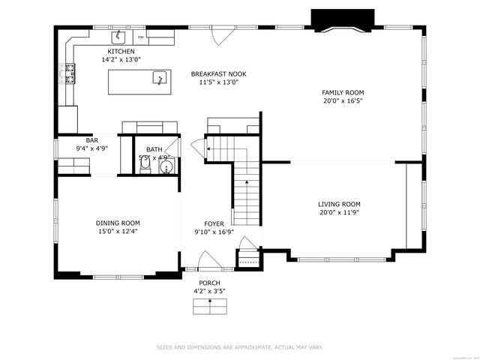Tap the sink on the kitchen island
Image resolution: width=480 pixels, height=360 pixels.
(159, 77)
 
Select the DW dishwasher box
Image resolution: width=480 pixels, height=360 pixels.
(140, 36)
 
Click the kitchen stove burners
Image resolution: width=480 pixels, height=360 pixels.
(65, 72)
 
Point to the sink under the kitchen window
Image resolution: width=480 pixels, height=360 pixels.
(118, 35)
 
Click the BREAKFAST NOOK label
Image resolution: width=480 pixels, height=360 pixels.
(218, 74)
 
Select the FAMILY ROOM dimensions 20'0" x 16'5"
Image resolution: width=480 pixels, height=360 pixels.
(343, 100)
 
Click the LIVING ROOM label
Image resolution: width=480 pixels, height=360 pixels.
(339, 204)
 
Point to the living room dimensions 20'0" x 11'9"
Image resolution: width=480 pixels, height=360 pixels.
(339, 212)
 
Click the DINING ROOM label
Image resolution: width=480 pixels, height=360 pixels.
(118, 223)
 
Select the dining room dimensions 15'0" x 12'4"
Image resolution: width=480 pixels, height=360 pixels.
(118, 231)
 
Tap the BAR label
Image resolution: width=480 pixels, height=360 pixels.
(92, 140)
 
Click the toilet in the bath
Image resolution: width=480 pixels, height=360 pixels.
(146, 169)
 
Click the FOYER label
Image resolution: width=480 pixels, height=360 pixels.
(214, 223)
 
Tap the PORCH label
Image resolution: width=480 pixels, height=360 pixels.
(209, 282)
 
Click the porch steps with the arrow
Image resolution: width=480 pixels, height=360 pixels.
(209, 306)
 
